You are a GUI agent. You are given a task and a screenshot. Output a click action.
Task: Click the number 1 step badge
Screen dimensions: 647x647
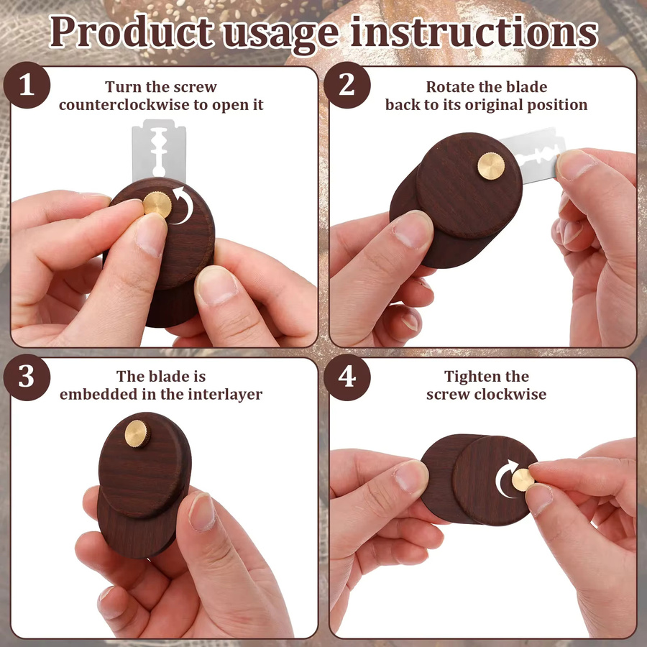[x=27, y=85]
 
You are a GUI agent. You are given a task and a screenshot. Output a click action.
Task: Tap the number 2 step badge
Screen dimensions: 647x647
[x=347, y=85]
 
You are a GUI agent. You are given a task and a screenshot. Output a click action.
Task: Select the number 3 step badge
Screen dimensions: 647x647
[x=27, y=377]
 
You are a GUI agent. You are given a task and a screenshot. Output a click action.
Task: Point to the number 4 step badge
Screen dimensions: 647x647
[x=347, y=377]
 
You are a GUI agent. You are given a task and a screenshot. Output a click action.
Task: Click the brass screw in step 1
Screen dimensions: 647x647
[x=157, y=205]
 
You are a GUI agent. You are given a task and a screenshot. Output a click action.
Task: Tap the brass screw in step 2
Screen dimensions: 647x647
[x=491, y=166]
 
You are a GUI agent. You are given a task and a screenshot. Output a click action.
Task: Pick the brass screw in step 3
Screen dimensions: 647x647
[x=137, y=433]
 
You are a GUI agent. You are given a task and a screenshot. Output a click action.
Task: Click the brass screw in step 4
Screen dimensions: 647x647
[x=523, y=480]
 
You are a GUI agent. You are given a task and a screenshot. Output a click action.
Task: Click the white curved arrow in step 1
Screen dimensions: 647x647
[x=185, y=205]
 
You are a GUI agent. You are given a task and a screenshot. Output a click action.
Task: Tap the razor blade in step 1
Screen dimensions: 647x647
[x=159, y=151]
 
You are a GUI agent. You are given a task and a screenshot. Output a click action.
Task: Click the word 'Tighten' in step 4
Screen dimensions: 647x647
[x=466, y=377]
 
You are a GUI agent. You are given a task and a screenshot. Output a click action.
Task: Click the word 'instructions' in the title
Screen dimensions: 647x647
[x=474, y=32]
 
